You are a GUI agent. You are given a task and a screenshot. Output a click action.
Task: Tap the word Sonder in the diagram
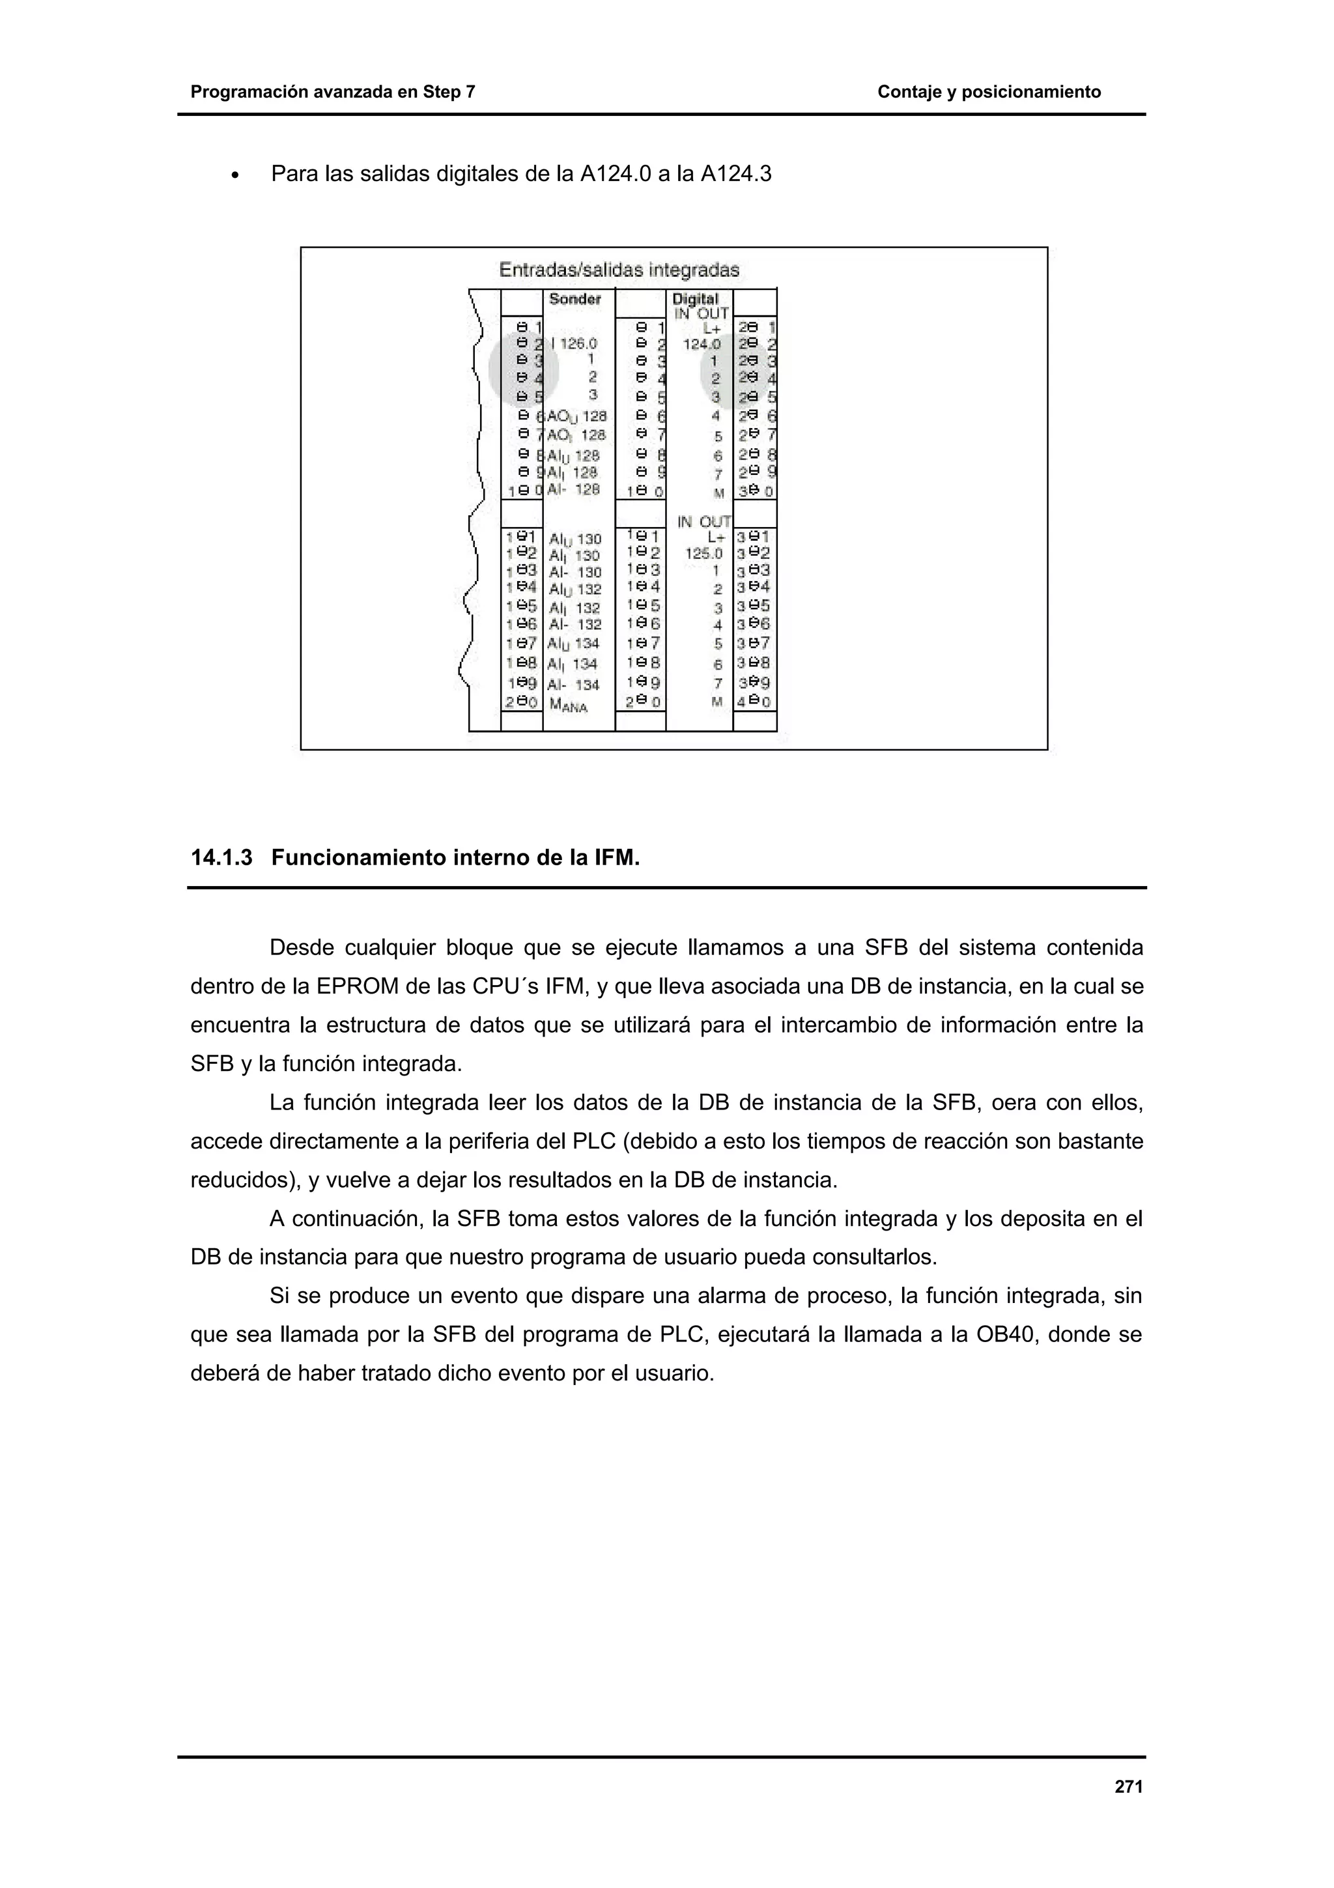pos(575,299)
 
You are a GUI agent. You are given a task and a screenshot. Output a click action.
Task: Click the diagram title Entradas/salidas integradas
pos(619,270)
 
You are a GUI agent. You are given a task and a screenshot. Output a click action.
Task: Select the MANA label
pos(568,706)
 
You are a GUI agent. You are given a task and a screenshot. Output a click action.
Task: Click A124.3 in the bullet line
pos(735,175)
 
